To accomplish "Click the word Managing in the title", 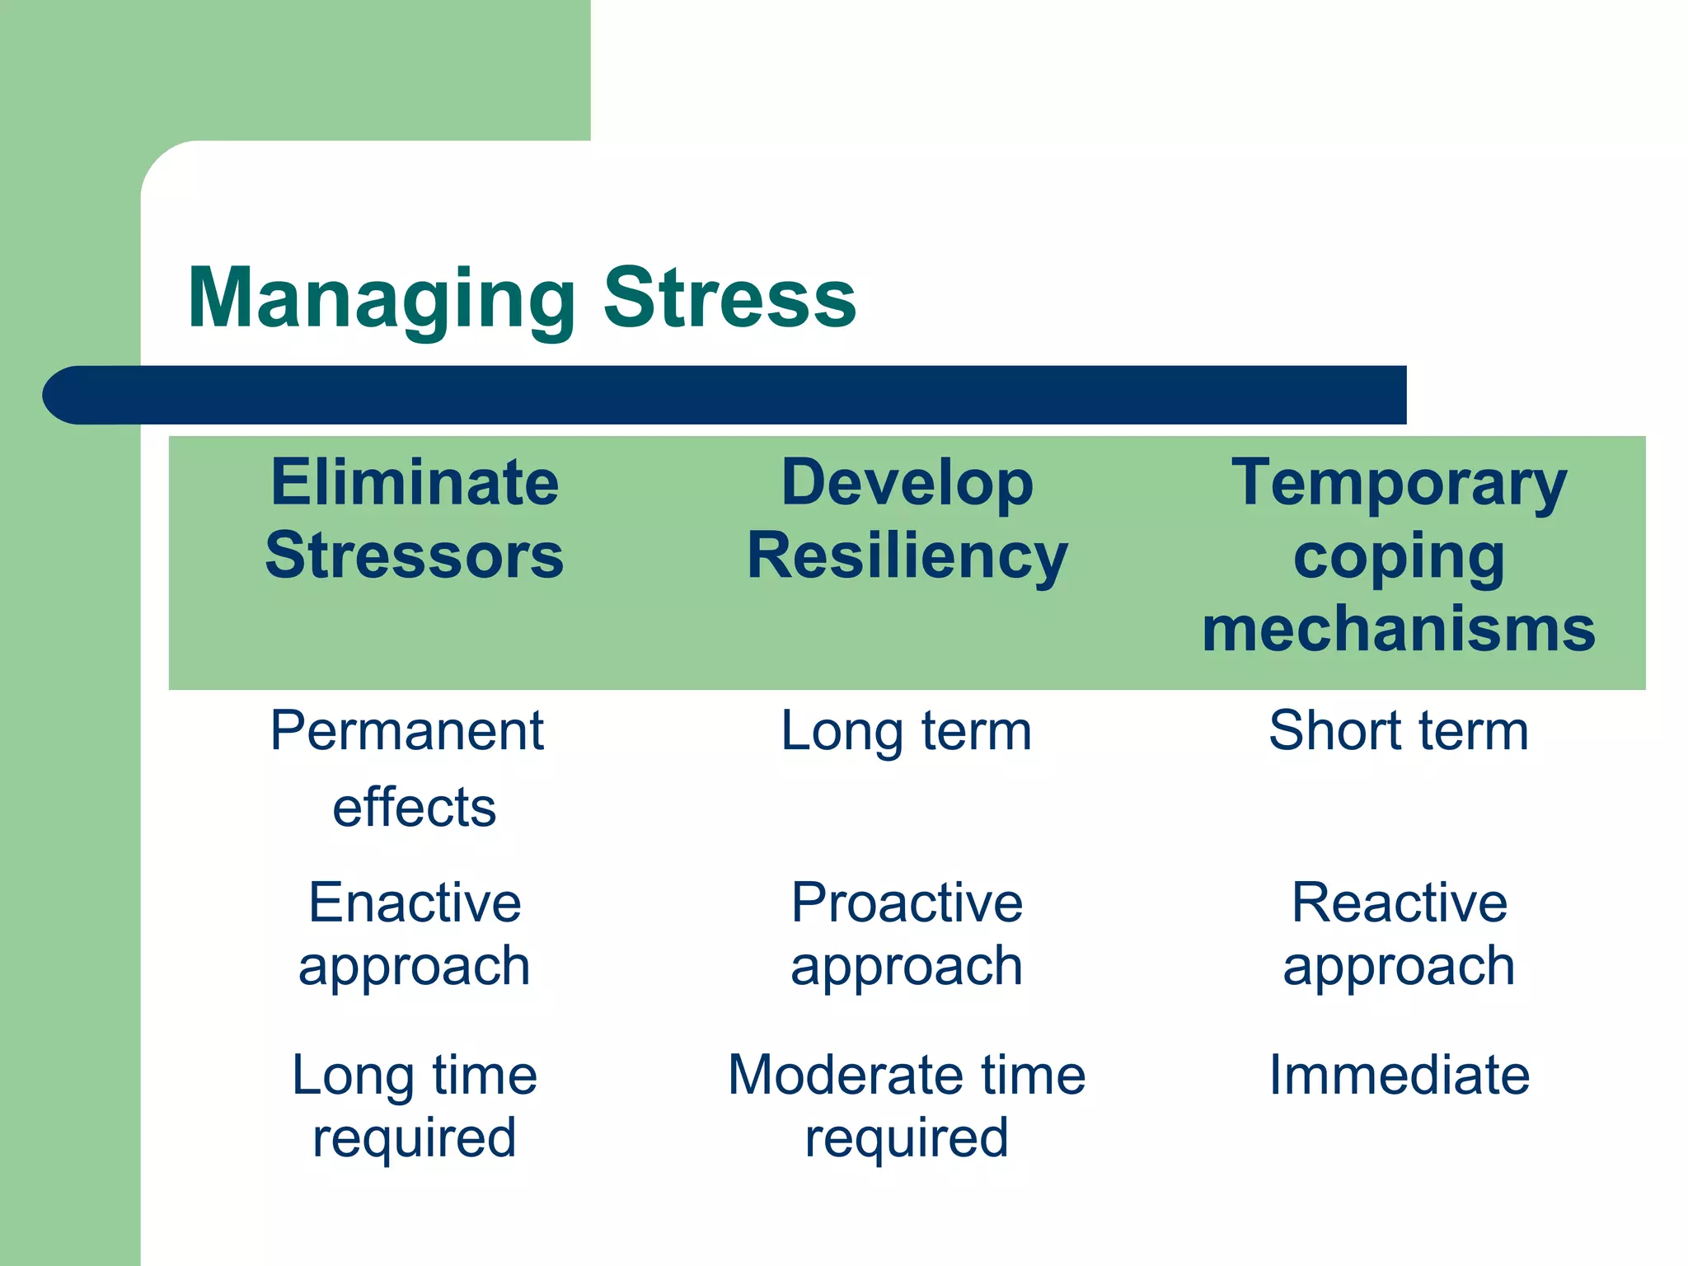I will [x=382, y=298].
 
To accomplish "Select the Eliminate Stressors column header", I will [x=415, y=518].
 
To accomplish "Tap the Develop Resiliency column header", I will [x=907, y=518].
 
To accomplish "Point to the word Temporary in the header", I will [x=1399, y=484].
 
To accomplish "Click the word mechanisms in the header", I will [x=1399, y=629].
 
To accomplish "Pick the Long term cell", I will [x=907, y=730].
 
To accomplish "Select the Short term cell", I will [x=1399, y=730].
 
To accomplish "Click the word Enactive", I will [x=415, y=903].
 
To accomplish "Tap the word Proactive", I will [x=907, y=903].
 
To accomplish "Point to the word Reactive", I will [x=1399, y=903].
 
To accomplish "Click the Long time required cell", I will [x=415, y=1106].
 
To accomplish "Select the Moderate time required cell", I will [x=907, y=1106].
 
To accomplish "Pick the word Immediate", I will [x=1399, y=1075].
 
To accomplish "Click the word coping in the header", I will [x=1399, y=558].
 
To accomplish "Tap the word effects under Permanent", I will [x=415, y=807].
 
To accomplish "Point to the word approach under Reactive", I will [x=1399, y=966].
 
